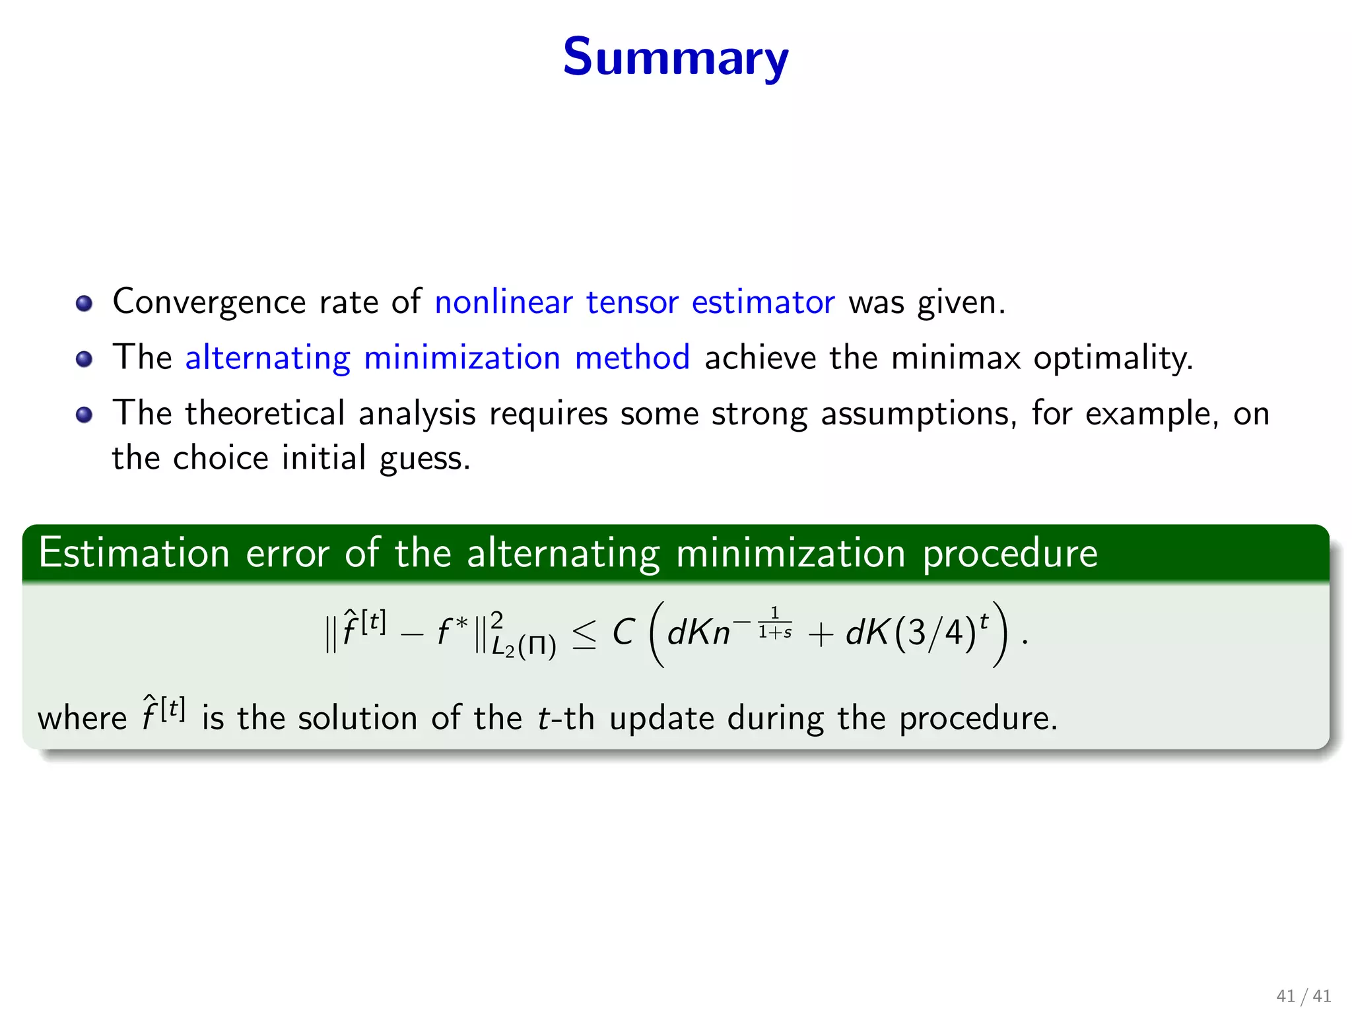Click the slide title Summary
[x=675, y=57]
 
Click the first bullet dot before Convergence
[x=84, y=304]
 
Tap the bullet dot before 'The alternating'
[x=84, y=359]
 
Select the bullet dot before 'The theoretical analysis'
[x=84, y=415]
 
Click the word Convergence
[x=209, y=302]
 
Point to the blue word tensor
[x=632, y=302]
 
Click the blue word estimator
[x=762, y=302]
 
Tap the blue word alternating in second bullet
[x=267, y=358]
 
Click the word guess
[x=424, y=458]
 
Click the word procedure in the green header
[x=1009, y=553]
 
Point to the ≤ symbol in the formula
[x=584, y=634]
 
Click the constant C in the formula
[x=623, y=632]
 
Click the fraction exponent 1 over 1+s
[x=774, y=623]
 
